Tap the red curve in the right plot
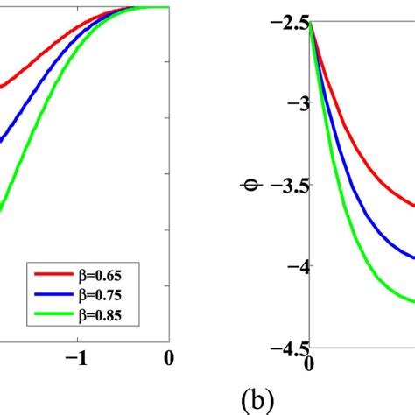(x=368, y=178)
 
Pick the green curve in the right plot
(x=368, y=283)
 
